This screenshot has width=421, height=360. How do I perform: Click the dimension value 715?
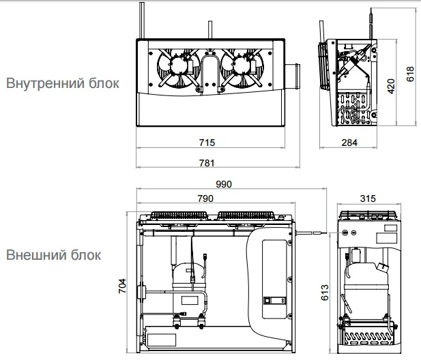tap(207, 142)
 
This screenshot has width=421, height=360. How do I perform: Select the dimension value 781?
tap(207, 163)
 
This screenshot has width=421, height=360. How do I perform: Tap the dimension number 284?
tap(350, 142)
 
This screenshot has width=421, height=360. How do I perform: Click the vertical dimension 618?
tap(411, 74)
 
